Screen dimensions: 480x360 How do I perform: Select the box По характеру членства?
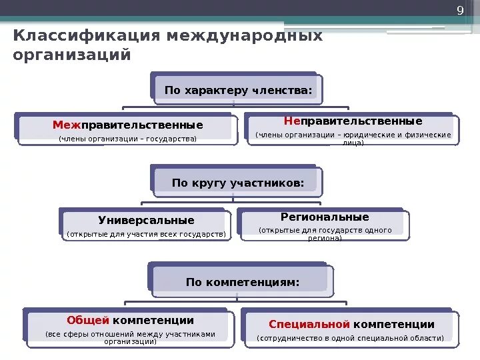pos(238,90)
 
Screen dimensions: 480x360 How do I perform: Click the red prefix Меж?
pos(67,125)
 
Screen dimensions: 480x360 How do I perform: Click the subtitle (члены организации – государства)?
pos(127,139)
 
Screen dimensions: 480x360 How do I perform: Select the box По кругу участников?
pos(238,182)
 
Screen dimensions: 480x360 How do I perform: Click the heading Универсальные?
pos(146,220)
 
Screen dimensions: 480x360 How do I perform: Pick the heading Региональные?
pos(325,217)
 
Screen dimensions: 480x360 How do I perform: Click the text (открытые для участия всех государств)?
pos(146,235)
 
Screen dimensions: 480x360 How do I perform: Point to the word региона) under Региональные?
pos(325,238)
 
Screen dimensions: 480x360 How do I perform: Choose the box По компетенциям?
pos(243,282)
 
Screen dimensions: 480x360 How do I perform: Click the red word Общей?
pos(88,320)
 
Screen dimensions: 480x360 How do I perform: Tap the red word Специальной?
pos(309,324)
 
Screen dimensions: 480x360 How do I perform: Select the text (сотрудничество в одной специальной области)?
pos(350,339)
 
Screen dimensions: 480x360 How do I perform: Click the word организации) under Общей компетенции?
pos(130,341)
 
